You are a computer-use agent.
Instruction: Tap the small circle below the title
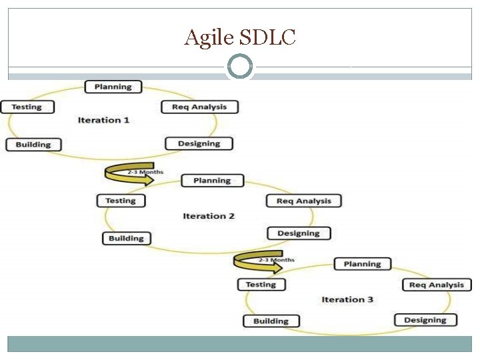(240, 67)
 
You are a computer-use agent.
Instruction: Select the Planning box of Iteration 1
(113, 87)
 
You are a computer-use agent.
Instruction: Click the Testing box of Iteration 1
(26, 107)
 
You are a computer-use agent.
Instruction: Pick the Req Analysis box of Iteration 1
(199, 107)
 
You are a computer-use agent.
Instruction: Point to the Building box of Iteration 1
(33, 145)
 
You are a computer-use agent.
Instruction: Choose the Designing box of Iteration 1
(199, 143)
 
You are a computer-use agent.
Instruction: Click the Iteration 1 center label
(103, 120)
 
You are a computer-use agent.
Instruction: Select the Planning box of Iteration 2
(212, 181)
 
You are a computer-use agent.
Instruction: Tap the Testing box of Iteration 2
(121, 201)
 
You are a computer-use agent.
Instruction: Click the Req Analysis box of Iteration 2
(303, 201)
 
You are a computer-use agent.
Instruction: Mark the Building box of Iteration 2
(127, 238)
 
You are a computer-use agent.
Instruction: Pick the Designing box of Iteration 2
(299, 233)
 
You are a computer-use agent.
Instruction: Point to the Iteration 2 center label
(209, 216)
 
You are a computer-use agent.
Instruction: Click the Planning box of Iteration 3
(362, 264)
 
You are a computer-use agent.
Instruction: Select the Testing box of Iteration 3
(261, 285)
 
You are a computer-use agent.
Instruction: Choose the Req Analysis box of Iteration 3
(437, 285)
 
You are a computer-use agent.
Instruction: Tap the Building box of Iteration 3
(271, 321)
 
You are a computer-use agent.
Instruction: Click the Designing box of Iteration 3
(425, 320)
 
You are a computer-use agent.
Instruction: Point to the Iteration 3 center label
(347, 299)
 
